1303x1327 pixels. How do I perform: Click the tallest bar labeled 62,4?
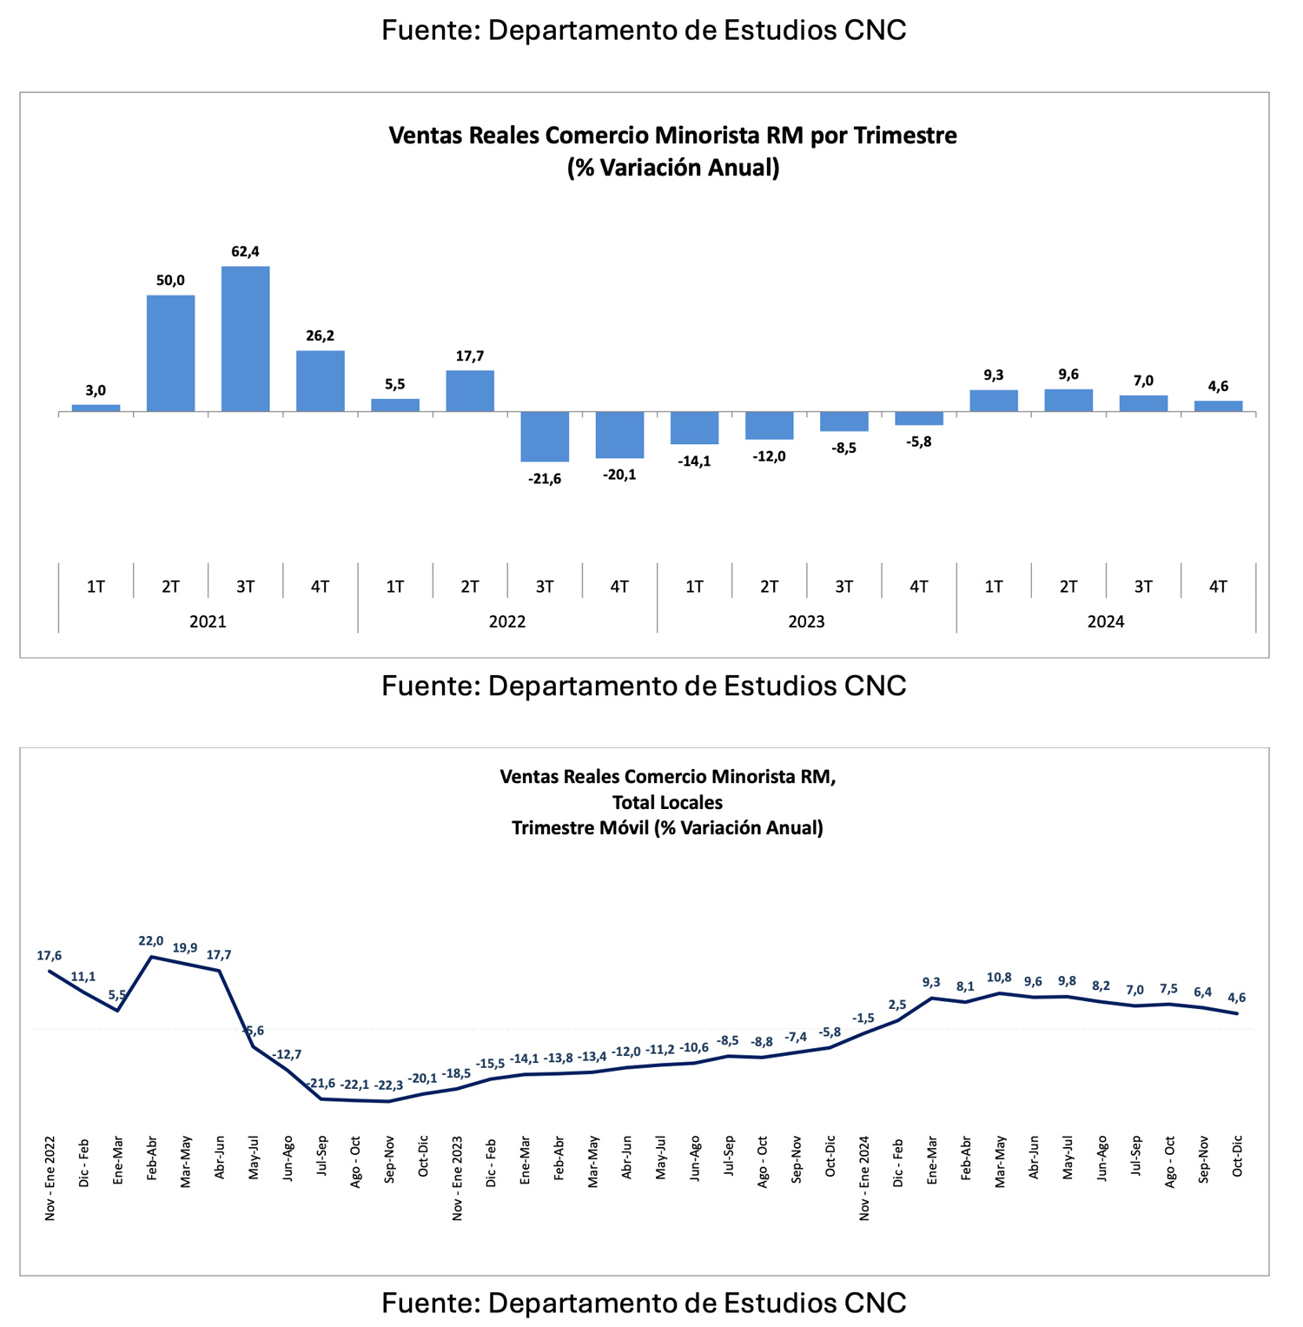pyautogui.click(x=245, y=339)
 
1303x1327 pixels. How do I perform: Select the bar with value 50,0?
pyautogui.click(x=170, y=353)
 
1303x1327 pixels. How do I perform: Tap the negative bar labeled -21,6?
pyautogui.click(x=545, y=436)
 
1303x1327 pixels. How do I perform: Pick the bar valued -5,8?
pyautogui.click(x=918, y=418)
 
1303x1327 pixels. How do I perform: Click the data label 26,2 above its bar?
pyautogui.click(x=320, y=335)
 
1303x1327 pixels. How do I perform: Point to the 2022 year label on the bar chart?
pyautogui.click(x=507, y=621)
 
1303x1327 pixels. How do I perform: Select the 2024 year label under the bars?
pyautogui.click(x=1106, y=621)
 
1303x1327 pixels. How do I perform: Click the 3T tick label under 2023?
pyautogui.click(x=843, y=587)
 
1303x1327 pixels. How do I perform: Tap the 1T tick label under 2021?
pyautogui.click(x=96, y=587)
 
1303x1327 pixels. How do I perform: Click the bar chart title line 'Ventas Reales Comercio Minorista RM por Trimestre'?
pyautogui.click(x=672, y=136)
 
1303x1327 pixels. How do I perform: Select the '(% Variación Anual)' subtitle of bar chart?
pyautogui.click(x=672, y=167)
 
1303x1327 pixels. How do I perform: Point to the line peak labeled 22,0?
pyautogui.click(x=152, y=957)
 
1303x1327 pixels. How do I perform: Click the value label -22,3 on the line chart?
pyautogui.click(x=388, y=1085)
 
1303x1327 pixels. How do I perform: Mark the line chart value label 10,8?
pyautogui.click(x=999, y=978)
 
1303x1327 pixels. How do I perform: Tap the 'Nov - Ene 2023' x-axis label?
pyautogui.click(x=457, y=1178)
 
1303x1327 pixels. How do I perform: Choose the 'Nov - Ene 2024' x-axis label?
pyautogui.click(x=864, y=1178)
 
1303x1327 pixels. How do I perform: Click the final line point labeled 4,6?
pyautogui.click(x=1237, y=1013)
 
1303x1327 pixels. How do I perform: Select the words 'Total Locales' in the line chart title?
pyautogui.click(x=667, y=802)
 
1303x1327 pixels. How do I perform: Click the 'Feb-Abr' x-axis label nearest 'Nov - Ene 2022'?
pyautogui.click(x=152, y=1158)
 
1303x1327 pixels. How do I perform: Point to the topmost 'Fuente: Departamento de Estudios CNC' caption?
pyautogui.click(x=644, y=30)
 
